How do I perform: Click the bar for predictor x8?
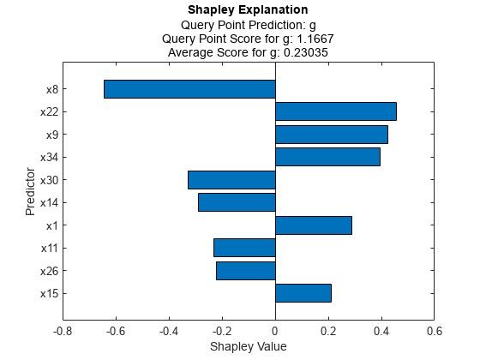(189, 89)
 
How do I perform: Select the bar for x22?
(335, 111)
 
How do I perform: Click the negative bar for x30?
(231, 180)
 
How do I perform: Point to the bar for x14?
(237, 202)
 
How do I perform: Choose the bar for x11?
(244, 248)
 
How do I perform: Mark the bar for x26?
(245, 271)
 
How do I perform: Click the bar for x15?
(303, 293)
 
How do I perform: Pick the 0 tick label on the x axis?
(275, 331)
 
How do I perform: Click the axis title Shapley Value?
(249, 346)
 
